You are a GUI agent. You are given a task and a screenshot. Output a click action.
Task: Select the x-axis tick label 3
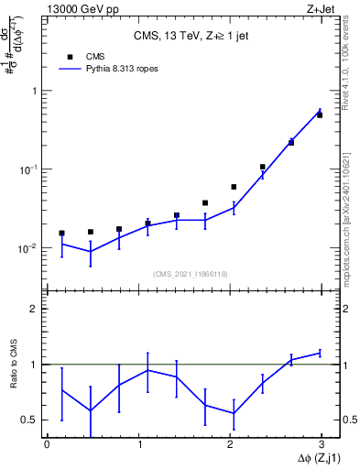coord(322,444)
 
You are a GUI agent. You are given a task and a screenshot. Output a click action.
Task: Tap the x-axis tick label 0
coord(47,444)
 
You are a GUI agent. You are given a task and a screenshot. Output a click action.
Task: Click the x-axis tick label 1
coord(138,444)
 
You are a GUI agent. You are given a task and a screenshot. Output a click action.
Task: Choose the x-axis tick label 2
coord(230,444)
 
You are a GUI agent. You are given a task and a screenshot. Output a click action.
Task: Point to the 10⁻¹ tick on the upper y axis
coord(27,169)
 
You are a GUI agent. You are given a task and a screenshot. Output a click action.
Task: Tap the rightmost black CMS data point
coord(320,115)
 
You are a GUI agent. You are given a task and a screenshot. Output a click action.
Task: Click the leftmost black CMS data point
coord(61,234)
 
